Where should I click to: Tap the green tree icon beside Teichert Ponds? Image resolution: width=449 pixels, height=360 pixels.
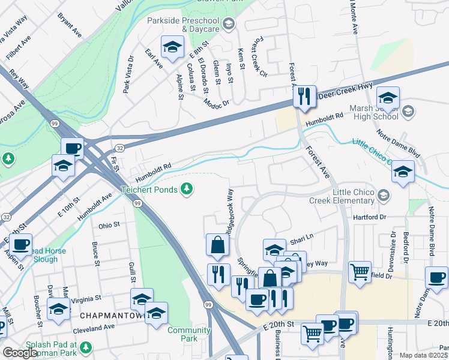click(188, 190)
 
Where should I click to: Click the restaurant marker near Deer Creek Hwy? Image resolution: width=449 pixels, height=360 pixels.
click(304, 95)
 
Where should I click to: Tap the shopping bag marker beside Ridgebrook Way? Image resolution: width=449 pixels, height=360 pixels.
click(217, 245)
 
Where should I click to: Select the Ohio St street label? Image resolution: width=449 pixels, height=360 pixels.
click(109, 225)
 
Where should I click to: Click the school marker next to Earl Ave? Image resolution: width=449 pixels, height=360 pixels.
click(172, 48)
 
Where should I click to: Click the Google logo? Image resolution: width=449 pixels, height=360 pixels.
click(19, 353)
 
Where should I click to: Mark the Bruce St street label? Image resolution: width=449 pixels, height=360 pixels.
click(95, 254)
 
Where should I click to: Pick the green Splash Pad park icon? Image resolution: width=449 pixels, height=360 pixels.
click(86, 347)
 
